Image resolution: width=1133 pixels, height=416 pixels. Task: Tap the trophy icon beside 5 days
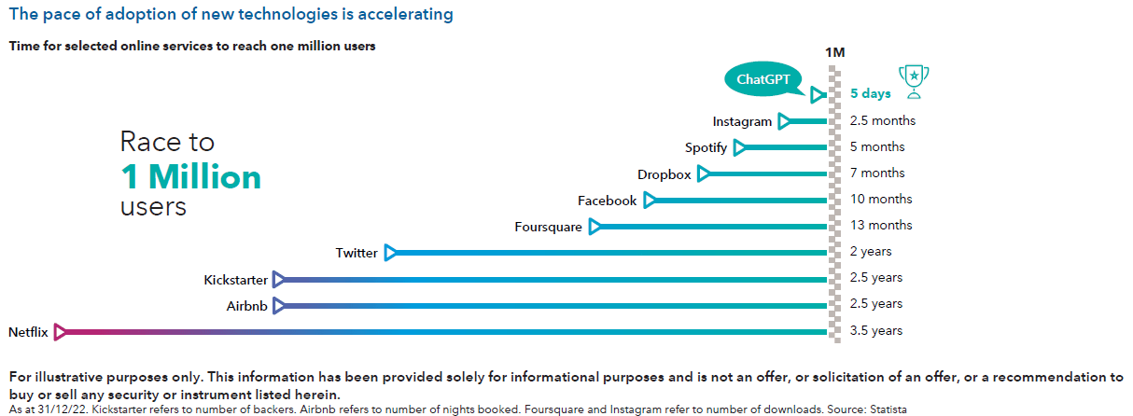(914, 81)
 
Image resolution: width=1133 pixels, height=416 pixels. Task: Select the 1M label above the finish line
(835, 52)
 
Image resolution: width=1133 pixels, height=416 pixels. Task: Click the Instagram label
(742, 121)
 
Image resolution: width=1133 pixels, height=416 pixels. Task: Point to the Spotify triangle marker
(740, 147)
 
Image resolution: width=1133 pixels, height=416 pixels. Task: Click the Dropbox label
(664, 174)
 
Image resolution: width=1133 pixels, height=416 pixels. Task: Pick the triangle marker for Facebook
(650, 201)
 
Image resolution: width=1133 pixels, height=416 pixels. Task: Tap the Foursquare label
(548, 227)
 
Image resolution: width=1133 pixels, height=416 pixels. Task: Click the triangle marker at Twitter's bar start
(390, 253)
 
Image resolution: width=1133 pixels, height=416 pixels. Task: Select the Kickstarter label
(236, 279)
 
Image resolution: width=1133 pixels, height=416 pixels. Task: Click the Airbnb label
(247, 305)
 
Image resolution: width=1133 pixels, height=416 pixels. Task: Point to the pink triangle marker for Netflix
(61, 331)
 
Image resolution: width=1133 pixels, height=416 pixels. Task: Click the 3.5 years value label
(875, 330)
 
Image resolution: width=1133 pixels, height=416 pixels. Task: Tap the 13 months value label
(881, 225)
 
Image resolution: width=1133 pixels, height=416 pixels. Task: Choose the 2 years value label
(871, 251)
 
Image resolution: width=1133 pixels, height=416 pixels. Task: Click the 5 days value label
(870, 93)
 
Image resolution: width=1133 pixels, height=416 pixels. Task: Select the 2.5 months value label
(883, 120)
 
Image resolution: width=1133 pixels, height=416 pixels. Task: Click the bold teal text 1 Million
(190, 176)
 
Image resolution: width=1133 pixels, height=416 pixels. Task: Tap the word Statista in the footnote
(884, 409)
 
